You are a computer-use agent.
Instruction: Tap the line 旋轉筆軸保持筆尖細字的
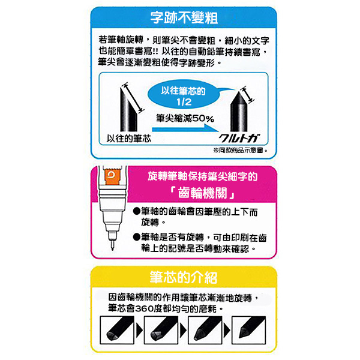click(202, 177)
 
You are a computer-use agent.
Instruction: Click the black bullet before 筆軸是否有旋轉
click(137, 238)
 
